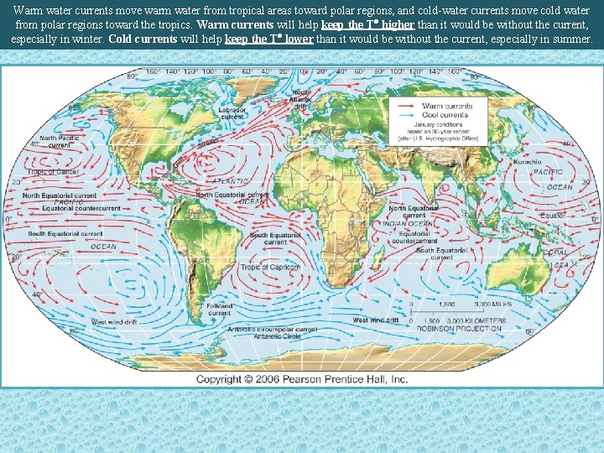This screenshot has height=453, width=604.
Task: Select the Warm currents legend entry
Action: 446,107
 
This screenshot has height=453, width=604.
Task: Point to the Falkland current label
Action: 219,309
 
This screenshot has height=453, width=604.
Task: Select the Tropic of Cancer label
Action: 52,172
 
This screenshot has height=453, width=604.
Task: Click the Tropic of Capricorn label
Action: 270,268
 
